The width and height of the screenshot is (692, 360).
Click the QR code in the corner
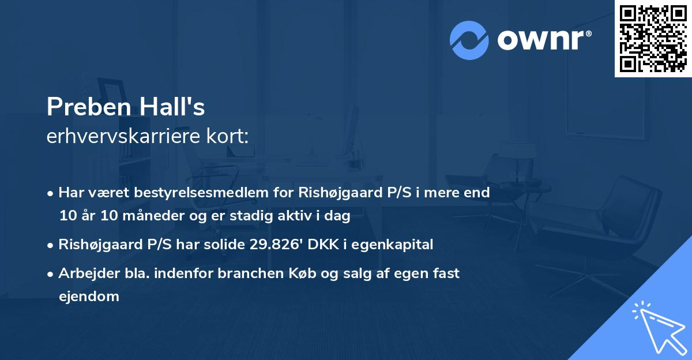653,39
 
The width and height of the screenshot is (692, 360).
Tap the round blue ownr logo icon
469,40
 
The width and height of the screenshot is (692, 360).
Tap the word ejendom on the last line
89,297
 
